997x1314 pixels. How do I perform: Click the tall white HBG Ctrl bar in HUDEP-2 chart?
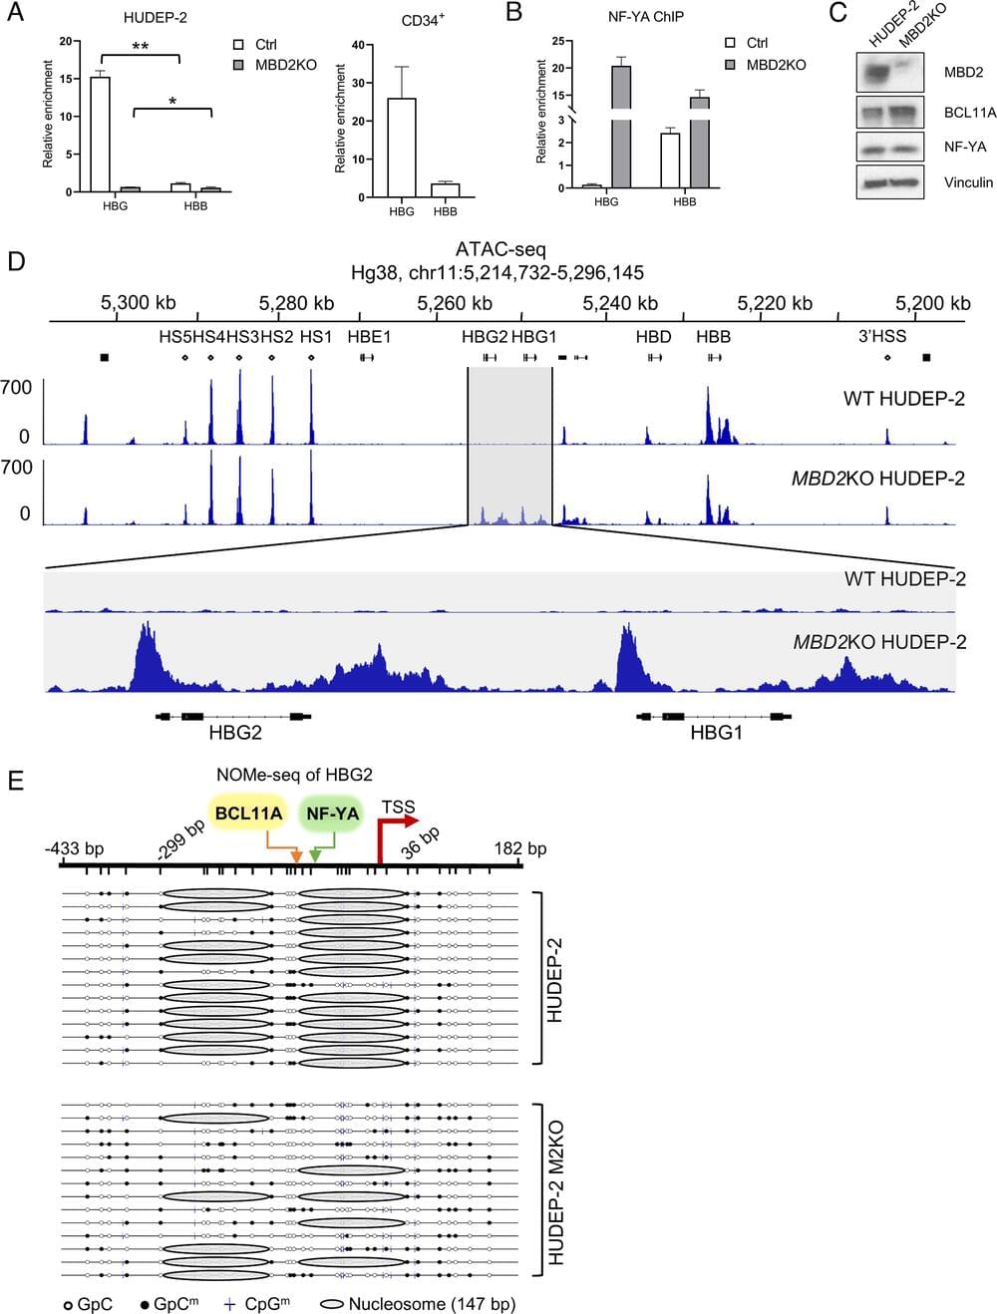pos(100,134)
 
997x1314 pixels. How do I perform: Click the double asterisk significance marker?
pos(141,47)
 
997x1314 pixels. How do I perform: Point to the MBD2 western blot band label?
pos(963,73)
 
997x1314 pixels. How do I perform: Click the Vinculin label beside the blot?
pos(968,182)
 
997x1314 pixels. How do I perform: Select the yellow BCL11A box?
pos(248,814)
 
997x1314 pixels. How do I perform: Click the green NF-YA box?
pos(332,814)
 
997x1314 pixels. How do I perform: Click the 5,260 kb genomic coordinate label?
pos(454,303)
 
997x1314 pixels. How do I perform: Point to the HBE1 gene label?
pos(369,337)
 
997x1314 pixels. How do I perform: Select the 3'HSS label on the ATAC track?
pos(882,337)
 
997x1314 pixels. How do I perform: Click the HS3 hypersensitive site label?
pos(242,337)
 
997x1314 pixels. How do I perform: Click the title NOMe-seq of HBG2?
pos(294,775)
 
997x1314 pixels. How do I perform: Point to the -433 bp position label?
pos(74,848)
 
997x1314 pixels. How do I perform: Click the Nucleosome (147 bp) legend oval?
pos(332,1304)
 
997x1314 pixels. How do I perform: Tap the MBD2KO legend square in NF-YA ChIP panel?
pos(731,65)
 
